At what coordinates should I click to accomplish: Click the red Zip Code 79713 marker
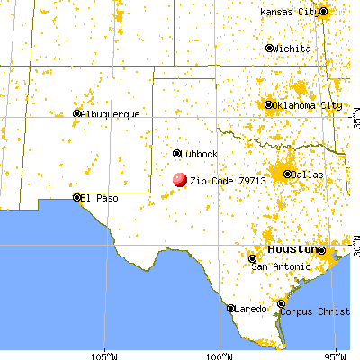(180, 180)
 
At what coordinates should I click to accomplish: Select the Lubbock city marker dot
(177, 154)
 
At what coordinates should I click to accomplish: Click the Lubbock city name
(200, 154)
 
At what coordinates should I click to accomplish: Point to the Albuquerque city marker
(77, 113)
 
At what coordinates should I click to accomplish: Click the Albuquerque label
(111, 114)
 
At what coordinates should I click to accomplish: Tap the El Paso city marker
(77, 197)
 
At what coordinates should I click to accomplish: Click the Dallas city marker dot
(288, 174)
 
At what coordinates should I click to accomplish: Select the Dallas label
(306, 174)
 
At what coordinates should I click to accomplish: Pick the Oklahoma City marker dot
(270, 105)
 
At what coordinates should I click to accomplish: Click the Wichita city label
(294, 48)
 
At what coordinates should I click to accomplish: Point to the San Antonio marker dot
(252, 258)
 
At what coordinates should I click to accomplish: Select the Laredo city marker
(231, 308)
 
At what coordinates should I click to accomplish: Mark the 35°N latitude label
(352, 117)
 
